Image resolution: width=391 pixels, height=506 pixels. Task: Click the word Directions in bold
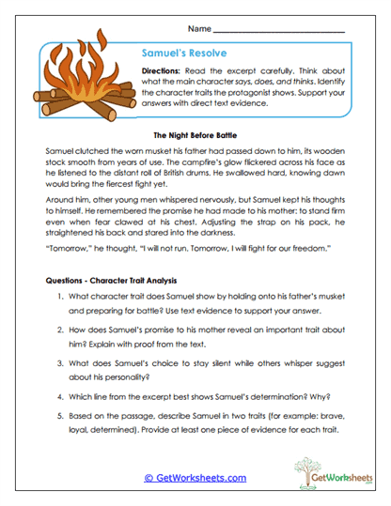point(163,72)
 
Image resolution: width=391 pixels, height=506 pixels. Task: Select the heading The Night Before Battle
point(195,134)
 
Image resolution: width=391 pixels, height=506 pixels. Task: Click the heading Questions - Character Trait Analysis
point(118,281)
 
